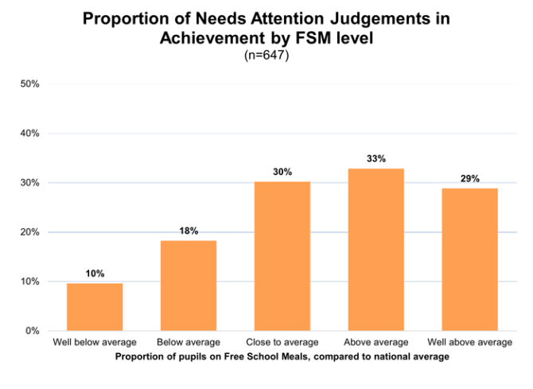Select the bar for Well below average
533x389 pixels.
94,307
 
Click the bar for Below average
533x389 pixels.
188,286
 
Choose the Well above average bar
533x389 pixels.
469,259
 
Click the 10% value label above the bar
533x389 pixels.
94,273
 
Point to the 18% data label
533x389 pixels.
188,230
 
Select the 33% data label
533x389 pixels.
375,158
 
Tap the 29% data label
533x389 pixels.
469,178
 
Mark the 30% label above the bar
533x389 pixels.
282,172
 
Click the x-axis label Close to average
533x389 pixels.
282,343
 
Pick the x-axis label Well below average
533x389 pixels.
94,343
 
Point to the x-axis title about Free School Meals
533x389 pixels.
282,356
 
